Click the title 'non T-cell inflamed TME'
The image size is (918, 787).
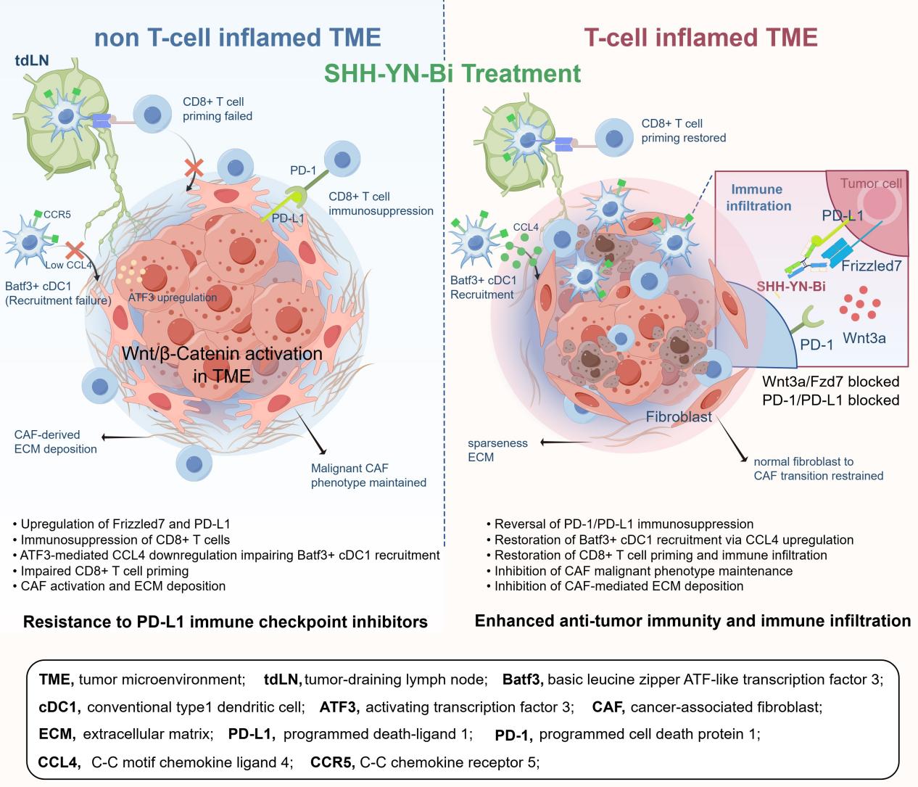[238, 37]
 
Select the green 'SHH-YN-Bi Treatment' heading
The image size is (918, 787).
[452, 73]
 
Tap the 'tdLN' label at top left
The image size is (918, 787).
[31, 60]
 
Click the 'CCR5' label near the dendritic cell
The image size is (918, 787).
[57, 214]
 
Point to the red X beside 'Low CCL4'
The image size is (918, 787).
[75, 250]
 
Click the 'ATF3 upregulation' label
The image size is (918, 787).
[173, 297]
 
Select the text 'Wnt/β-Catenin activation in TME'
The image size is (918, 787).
[222, 365]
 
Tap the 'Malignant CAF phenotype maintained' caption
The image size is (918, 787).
[368, 475]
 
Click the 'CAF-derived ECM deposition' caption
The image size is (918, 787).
[56, 442]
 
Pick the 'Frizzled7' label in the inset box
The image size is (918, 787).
[872, 265]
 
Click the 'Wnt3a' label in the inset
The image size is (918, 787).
[864, 338]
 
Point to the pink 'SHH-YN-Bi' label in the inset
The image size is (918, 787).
[791, 287]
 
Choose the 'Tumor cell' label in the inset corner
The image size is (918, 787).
[871, 183]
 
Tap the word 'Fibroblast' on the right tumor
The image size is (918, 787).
[679, 416]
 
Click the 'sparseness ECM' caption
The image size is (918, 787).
[497, 450]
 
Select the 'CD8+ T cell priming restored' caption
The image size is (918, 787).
[684, 131]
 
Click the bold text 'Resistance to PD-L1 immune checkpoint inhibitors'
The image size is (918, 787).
[226, 622]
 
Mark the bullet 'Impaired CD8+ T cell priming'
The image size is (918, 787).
[101, 571]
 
